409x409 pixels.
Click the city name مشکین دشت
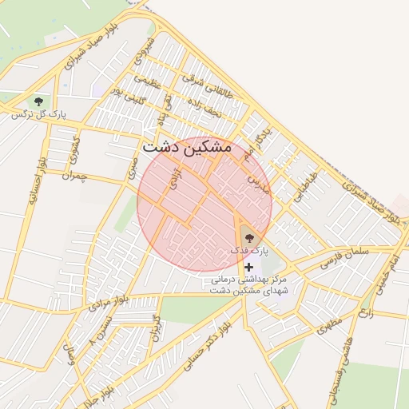click(x=186, y=148)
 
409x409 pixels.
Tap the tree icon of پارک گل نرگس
click(x=38, y=101)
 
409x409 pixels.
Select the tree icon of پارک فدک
click(x=247, y=237)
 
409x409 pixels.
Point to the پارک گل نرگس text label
click(x=37, y=115)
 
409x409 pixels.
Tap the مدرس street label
click(x=254, y=182)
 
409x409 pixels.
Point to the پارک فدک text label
click(x=246, y=251)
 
